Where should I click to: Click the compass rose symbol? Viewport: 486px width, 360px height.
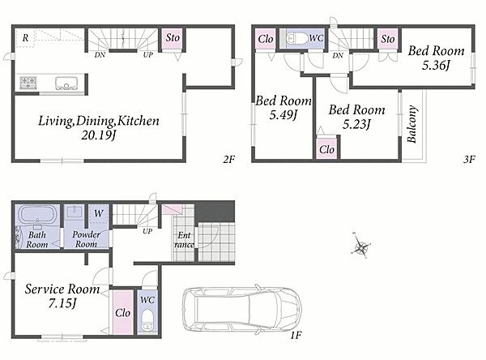click(361, 246)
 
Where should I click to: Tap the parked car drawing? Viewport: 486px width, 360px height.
click(242, 310)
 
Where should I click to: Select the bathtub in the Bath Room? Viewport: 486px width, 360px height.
click(37, 215)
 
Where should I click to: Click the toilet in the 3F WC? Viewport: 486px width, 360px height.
click(296, 38)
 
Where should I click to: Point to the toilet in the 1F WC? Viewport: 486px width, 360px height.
click(147, 319)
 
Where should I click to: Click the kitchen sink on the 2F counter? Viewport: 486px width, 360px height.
click(66, 83)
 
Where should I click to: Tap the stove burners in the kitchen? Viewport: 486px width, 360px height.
click(28, 83)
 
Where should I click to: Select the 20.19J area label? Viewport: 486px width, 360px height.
click(98, 135)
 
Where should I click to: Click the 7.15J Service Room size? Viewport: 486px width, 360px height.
click(62, 303)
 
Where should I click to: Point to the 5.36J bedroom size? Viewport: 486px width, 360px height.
click(436, 66)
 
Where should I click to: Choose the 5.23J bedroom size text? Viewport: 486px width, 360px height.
click(356, 124)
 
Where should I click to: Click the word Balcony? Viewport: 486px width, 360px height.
click(411, 124)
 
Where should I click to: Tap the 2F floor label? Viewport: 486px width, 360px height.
click(228, 160)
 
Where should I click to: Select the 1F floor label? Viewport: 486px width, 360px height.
click(296, 335)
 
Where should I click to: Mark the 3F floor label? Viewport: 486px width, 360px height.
click(469, 160)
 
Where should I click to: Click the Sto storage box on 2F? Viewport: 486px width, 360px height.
click(172, 39)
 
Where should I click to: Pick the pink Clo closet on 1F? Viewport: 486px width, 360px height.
click(123, 312)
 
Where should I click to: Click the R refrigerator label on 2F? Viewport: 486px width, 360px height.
click(25, 38)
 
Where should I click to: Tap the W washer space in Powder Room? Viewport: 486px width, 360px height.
click(98, 213)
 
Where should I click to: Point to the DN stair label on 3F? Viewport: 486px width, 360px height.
click(338, 55)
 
